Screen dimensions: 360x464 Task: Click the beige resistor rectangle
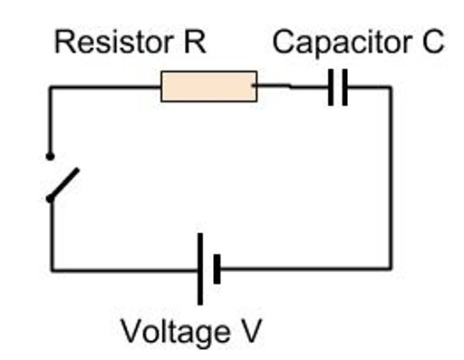(208, 86)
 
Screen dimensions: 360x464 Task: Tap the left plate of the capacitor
(332, 88)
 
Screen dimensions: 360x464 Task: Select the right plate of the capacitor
(344, 88)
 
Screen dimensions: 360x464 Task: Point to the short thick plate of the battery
(217, 269)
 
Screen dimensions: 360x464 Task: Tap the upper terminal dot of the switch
(51, 156)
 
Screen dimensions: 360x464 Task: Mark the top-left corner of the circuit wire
(51, 88)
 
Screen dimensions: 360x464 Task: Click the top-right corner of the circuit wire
(391, 88)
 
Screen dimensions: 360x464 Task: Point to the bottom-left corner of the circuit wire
(52, 269)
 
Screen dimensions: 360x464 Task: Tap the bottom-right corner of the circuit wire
(391, 268)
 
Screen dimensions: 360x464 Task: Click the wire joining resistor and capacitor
(292, 87)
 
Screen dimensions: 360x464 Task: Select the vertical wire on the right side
(391, 181)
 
